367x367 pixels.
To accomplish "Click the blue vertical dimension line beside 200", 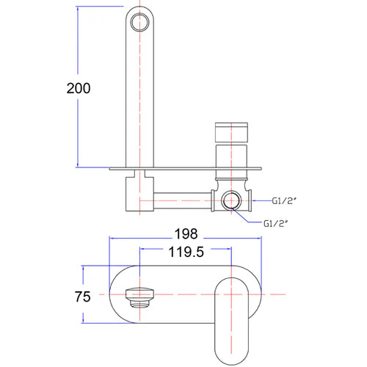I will coord(78,44).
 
